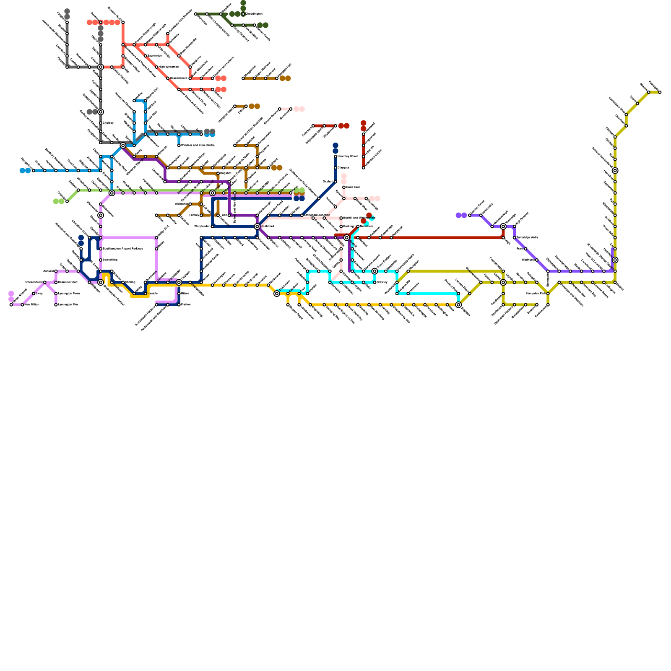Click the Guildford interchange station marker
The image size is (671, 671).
(257, 226)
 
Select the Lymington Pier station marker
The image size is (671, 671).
(56, 305)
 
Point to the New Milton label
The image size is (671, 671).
(32, 305)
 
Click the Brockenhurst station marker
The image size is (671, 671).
(44, 282)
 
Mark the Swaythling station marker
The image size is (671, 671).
(101, 260)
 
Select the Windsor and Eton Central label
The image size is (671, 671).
(198, 146)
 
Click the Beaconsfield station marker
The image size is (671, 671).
(168, 78)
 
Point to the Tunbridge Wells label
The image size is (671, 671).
(527, 238)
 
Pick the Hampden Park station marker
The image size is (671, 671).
(548, 294)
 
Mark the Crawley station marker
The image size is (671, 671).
(375, 282)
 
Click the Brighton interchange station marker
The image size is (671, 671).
(458, 305)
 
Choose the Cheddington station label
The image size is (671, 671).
(254, 14)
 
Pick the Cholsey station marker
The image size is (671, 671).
(101, 123)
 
